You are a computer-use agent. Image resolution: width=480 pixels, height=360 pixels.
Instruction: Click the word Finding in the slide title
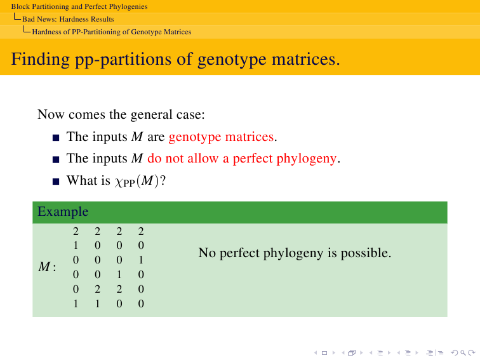(41, 60)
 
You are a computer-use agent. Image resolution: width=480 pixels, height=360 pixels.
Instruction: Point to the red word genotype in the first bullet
(195, 137)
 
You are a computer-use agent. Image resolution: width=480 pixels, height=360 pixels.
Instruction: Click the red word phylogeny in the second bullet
(307, 159)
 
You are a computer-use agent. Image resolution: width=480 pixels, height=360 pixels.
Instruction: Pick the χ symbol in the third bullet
(119, 182)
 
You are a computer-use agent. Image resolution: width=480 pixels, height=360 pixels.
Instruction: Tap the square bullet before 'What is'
(56, 182)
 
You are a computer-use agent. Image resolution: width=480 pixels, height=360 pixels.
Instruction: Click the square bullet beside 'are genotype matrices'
(56, 137)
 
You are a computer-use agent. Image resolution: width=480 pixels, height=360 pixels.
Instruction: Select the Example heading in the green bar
(63, 211)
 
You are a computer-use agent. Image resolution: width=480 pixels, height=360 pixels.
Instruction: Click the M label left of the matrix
(44, 267)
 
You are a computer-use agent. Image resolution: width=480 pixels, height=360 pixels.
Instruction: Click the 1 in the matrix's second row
(76, 246)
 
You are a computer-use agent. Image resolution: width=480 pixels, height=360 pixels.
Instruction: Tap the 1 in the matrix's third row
(141, 260)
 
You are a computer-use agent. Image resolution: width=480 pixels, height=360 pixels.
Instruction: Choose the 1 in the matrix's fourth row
(119, 274)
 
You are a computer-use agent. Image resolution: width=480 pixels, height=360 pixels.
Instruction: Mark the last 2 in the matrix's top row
(141, 231)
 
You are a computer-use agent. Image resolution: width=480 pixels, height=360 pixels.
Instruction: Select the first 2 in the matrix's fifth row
(97, 289)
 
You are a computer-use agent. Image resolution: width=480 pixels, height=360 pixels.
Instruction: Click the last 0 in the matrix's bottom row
(141, 303)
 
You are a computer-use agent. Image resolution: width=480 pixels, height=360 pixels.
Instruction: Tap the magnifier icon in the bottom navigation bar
(463, 353)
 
